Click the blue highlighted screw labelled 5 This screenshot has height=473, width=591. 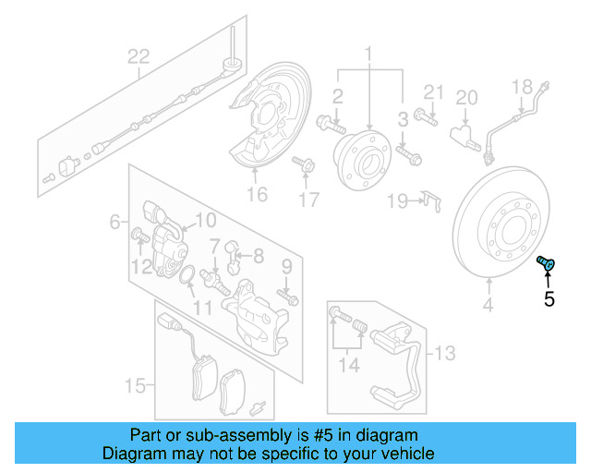(x=546, y=265)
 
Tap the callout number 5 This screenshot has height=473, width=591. (x=549, y=298)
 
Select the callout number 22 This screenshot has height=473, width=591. (x=138, y=57)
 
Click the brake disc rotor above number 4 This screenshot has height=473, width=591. (x=502, y=231)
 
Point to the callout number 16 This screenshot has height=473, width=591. (x=257, y=193)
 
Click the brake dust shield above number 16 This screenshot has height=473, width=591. (x=269, y=119)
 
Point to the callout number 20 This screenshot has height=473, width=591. (x=467, y=97)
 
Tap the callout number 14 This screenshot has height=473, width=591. (x=348, y=365)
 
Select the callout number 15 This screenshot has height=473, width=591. (x=135, y=384)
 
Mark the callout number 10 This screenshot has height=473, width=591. (x=205, y=220)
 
